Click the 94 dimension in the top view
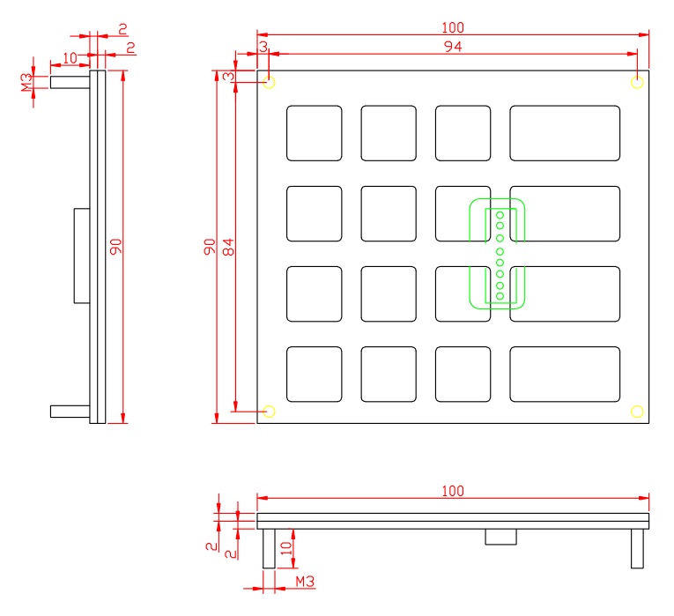click(x=453, y=47)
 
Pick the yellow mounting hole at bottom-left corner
click(x=270, y=411)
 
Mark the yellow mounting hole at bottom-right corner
click(x=637, y=411)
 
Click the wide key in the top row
click(x=564, y=133)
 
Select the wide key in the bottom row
click(x=564, y=374)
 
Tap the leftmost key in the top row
click(x=314, y=133)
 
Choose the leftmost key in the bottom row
click(x=314, y=374)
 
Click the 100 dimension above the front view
click(x=453, y=28)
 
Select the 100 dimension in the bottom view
click(x=453, y=491)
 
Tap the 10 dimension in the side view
click(x=70, y=57)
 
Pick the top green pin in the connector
click(x=500, y=214)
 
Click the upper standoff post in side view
click(x=70, y=83)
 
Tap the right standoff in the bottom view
click(x=637, y=548)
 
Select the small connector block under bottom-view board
click(x=500, y=537)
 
